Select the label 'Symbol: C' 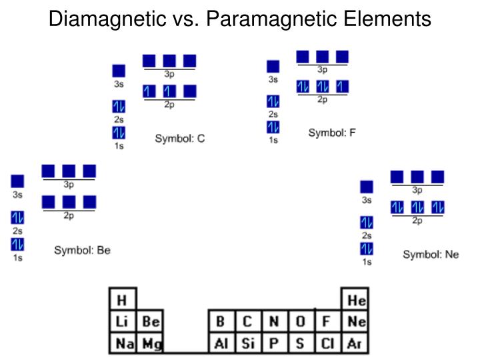(180, 139)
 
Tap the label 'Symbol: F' (332, 133)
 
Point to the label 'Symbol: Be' (82, 251)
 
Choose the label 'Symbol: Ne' (431, 255)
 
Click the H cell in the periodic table (122, 300)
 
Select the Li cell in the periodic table (122, 322)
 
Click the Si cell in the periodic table (247, 344)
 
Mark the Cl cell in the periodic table (327, 344)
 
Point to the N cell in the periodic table (273, 322)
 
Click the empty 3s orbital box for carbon (119, 71)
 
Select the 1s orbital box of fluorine (273, 127)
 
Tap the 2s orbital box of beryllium (17, 218)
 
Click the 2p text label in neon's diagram (417, 221)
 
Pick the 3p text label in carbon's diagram (169, 74)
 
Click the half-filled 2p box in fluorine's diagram (343, 87)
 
